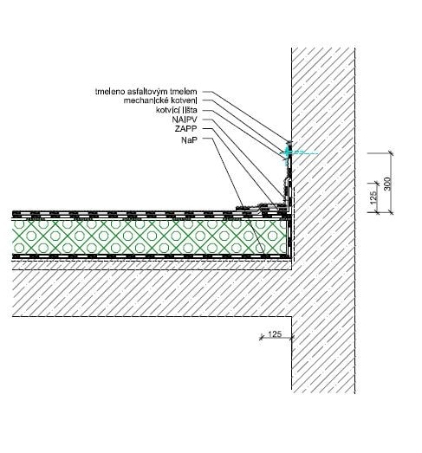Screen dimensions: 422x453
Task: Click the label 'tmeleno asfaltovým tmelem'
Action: click(x=146, y=92)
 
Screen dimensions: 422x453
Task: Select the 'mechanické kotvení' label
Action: click(x=160, y=100)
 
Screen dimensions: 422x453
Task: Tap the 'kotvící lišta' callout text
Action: click(x=176, y=110)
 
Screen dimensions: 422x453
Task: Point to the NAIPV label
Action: click(x=185, y=119)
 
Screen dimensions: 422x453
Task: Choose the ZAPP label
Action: click(x=185, y=128)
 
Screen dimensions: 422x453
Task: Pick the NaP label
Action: click(x=189, y=140)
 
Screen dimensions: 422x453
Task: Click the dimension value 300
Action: click(x=388, y=184)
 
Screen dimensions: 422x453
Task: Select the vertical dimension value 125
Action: click(x=373, y=197)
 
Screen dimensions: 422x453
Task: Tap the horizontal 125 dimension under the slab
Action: click(x=275, y=334)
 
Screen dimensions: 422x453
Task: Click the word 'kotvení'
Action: click(x=184, y=100)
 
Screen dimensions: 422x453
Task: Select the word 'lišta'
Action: click(x=190, y=110)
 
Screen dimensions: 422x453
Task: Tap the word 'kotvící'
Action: click(x=168, y=110)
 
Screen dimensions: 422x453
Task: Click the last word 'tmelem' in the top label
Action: click(x=184, y=92)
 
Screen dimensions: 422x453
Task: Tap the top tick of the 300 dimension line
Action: click(x=391, y=152)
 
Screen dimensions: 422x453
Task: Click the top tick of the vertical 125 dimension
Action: click(x=376, y=183)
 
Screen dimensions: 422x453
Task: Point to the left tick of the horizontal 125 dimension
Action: click(x=262, y=337)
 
